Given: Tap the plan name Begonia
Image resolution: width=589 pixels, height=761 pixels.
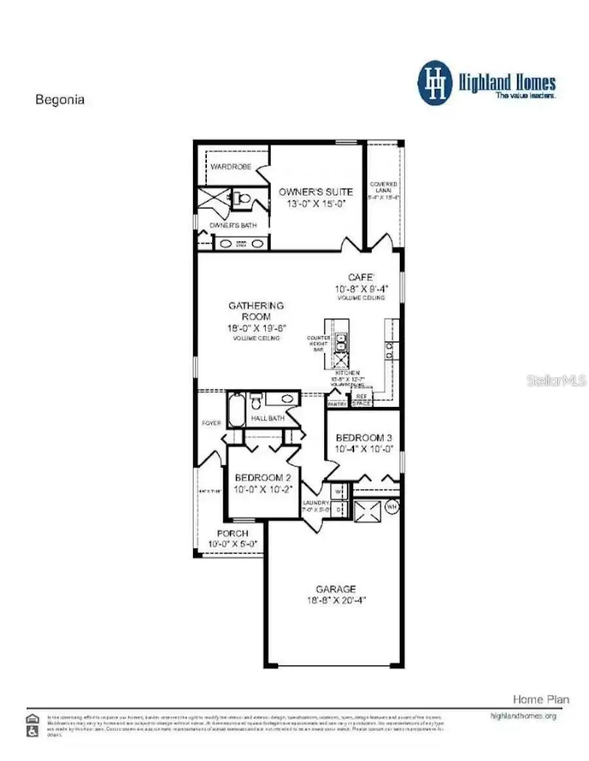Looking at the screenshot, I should point(60,100).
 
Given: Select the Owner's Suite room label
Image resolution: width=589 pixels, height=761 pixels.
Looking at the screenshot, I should point(315,192).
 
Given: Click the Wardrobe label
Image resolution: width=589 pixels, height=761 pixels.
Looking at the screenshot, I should point(230,167).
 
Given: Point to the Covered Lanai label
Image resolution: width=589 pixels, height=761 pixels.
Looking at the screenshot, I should point(384,188).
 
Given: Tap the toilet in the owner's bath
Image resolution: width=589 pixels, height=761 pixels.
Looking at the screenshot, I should point(243,196).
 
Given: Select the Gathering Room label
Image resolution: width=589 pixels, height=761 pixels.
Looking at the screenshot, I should point(256,311).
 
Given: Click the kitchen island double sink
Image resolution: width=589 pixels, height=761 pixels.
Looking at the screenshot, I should point(342,342).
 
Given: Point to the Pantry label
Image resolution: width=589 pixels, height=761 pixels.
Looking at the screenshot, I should point(337,404).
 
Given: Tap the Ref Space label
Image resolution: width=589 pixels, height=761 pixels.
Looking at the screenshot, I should point(361,400).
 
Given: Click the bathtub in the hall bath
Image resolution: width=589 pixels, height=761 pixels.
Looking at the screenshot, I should point(236,408).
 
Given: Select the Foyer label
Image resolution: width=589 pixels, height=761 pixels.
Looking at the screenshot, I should point(211,423).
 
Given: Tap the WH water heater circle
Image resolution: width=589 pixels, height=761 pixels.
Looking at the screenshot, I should point(392,506).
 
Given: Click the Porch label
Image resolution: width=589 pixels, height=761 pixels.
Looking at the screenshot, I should point(232,533).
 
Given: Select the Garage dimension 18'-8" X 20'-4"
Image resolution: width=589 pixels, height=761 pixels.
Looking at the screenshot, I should point(336,600).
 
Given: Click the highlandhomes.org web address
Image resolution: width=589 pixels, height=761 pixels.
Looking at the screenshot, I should point(523,716).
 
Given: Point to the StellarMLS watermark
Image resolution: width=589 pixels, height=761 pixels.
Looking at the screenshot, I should point(556,380).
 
